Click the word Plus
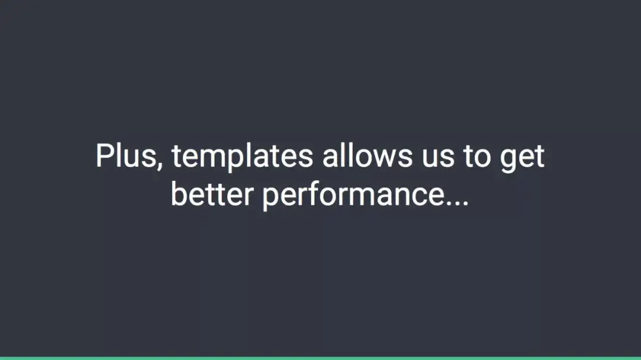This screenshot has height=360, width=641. (126, 155)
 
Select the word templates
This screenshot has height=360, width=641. (242, 157)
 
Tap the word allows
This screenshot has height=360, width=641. (367, 155)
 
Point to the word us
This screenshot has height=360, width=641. (438, 158)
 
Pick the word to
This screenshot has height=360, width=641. (477, 157)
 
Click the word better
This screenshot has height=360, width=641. (212, 194)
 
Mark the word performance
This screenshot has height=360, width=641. (353, 196)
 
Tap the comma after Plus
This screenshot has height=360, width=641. (160, 165)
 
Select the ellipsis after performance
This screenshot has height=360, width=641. (456, 203)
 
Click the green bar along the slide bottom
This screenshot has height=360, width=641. (320, 358)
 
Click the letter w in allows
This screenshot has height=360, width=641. (383, 158)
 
